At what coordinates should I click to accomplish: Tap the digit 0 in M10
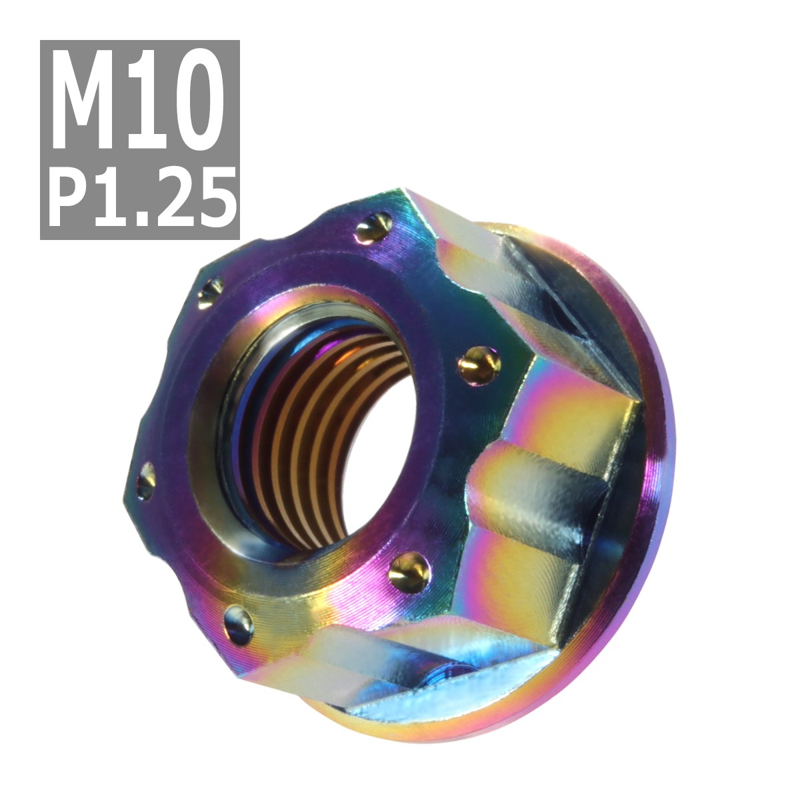coord(195,101)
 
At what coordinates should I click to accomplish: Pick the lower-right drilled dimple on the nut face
coord(408,572)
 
